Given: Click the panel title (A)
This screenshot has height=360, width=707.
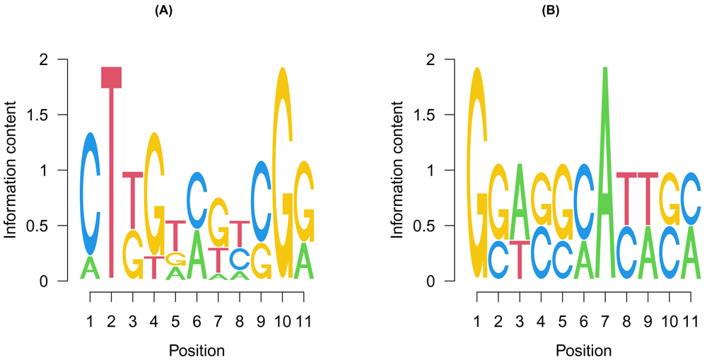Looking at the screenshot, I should tap(197, 11).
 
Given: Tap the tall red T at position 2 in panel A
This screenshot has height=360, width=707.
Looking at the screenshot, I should tap(112, 177).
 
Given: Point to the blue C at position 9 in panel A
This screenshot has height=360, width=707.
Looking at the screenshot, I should tap(262, 201).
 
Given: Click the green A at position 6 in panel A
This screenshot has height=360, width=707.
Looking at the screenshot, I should tap(197, 255).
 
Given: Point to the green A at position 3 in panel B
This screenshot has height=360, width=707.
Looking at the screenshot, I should tap(520, 202).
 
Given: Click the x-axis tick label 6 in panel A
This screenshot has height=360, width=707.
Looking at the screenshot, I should tap(197, 323).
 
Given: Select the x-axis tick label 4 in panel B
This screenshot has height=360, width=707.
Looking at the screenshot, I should tap(541, 323).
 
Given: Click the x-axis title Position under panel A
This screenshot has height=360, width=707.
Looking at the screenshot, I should tap(197, 350).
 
